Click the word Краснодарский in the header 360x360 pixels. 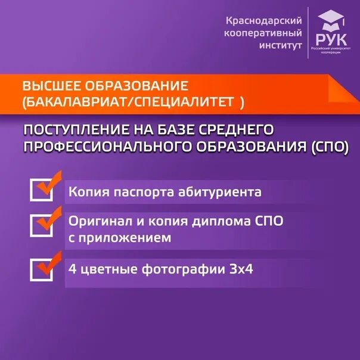pos(263,21)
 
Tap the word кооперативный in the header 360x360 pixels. pos(263,33)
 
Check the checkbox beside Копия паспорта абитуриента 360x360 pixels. pos(42,190)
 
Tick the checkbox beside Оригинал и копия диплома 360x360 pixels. pos(42,224)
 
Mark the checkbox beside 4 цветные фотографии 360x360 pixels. pos(42,269)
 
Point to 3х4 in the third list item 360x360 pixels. pos(241,269)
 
